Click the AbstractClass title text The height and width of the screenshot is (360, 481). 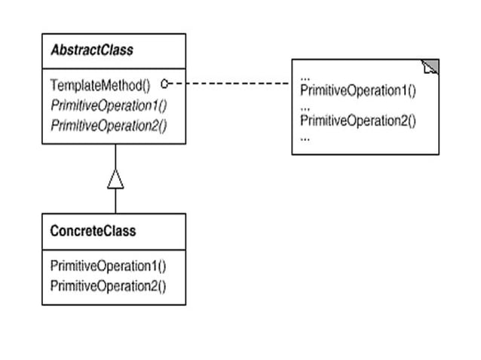tap(92, 50)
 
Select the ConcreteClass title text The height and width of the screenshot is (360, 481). tap(93, 230)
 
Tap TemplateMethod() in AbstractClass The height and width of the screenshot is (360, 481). tap(100, 85)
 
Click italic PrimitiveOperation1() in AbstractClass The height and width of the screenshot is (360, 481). tap(109, 105)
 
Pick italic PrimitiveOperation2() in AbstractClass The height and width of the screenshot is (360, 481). tap(109, 126)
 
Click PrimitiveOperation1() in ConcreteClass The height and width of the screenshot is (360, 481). tap(108, 266)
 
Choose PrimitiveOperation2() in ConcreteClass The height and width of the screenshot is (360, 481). tap(108, 286)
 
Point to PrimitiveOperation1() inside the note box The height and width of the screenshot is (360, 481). tap(358, 90)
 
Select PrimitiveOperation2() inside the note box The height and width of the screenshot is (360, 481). tap(358, 121)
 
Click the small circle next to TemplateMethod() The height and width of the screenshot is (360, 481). tap(164, 84)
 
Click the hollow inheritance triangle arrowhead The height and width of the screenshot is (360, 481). tap(115, 179)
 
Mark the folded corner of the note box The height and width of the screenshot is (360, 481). tap(430, 66)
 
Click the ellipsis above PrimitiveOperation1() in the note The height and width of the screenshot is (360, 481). tap(305, 79)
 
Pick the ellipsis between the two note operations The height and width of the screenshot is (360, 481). tap(305, 108)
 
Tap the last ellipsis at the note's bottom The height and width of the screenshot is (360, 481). tap(305, 139)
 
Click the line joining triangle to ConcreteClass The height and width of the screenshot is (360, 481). tap(115, 201)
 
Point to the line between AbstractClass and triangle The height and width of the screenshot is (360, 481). tap(115, 156)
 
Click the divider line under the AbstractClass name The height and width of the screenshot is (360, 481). tap(114, 69)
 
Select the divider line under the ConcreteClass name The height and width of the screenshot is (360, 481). tap(114, 250)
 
